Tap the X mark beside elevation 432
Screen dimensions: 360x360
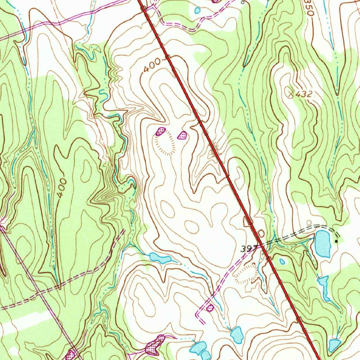coord(291,93)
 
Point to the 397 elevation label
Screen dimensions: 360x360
coord(247,249)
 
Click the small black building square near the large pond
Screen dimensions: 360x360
coord(336,242)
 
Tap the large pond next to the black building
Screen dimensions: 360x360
coord(322,244)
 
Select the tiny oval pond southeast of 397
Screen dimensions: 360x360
coord(282,261)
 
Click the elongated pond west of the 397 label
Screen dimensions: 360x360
coord(160,258)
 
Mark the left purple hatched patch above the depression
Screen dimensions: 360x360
coord(160,132)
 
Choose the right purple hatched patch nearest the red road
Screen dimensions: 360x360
coord(182,135)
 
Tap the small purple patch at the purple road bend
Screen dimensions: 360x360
coord(210,308)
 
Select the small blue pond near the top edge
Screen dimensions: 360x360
coord(198,11)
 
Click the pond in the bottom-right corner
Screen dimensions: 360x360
coord(334,345)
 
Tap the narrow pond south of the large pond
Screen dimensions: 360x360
coord(324,287)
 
